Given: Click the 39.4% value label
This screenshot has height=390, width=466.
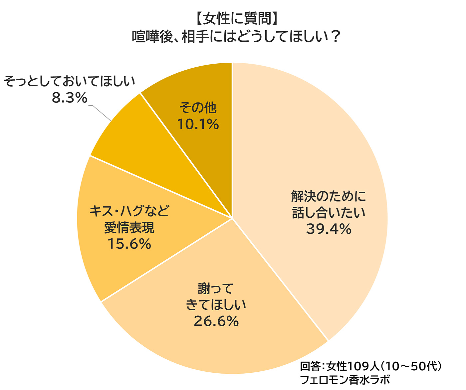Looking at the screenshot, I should coord(329,229).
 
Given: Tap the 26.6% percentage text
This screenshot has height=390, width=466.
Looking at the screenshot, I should coord(216,321).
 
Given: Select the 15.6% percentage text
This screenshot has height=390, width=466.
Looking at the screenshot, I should coord(129,244).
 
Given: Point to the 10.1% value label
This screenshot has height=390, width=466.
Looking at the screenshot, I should coord(198,124).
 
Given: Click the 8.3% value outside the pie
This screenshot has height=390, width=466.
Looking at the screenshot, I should coord(70,98).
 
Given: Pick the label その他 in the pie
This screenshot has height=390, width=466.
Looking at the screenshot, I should coord(198,107).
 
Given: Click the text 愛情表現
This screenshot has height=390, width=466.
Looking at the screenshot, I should coord(129,228).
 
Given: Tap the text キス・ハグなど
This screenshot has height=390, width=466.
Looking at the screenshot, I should coord(129,211).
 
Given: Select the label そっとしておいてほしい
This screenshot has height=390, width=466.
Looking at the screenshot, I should coord(70,81).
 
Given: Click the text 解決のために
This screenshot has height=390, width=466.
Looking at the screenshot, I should coord(329,196).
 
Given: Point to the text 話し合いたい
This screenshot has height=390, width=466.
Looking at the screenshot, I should coord(329,213).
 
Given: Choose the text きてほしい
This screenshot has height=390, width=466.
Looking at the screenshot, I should coord(216,305).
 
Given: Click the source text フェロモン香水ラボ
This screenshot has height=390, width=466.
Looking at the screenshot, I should coord(345,380).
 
